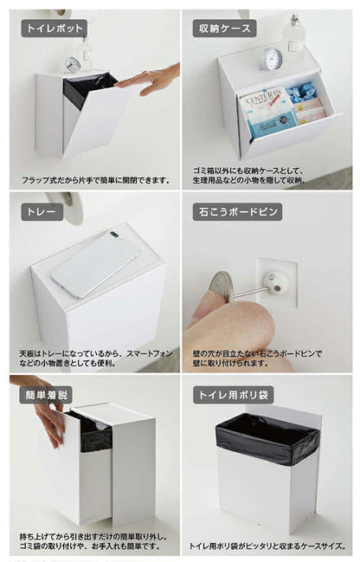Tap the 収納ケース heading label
tap(223, 28)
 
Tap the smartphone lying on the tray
tap(95, 263)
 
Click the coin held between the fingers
tap(221, 285)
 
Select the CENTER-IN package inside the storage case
tap(267, 111)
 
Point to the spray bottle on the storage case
tap(294, 36)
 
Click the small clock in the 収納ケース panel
tap(273, 59)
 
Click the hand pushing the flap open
tap(147, 80)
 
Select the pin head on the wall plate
tap(278, 282)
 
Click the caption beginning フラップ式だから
tap(95, 181)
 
